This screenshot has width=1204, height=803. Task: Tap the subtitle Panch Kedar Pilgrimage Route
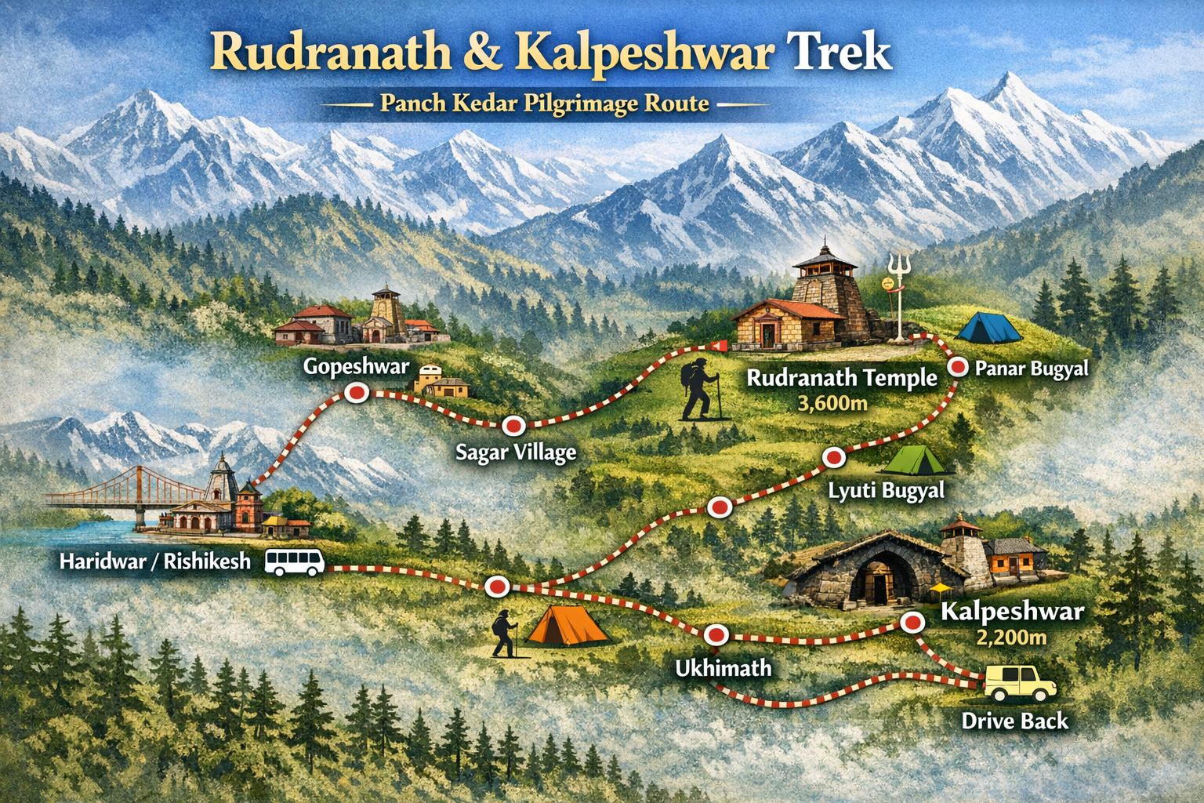pos(544,104)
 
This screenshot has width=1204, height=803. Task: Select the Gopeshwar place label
pos(356,366)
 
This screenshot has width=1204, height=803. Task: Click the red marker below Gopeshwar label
pos(357,393)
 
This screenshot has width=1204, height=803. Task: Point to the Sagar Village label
pos(516,452)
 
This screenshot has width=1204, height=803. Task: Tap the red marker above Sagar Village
pos(513,425)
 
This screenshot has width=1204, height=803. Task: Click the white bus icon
pos(295,562)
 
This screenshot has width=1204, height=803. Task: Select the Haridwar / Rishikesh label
pos(155,561)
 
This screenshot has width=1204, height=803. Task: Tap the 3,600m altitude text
pos(832,404)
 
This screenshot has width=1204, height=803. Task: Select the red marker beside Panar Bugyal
pos(958,367)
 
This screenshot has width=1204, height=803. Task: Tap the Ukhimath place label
pos(723,668)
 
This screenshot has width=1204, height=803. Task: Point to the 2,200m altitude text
pos(1011,638)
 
